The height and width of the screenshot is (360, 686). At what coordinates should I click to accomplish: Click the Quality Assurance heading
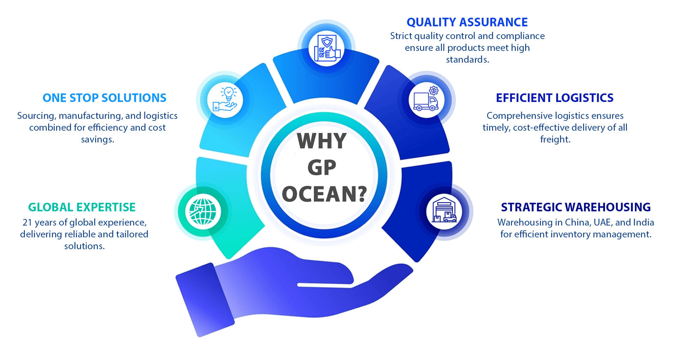click(x=467, y=22)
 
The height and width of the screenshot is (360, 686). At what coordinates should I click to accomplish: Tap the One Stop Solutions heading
click(x=105, y=98)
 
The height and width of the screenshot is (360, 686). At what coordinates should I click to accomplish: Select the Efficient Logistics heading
click(x=555, y=98)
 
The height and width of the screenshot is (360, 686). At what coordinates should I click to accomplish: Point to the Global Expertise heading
click(x=82, y=207)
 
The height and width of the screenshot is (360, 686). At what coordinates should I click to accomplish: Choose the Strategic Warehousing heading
click(x=576, y=207)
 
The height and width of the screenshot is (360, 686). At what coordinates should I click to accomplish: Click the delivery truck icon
click(x=426, y=99)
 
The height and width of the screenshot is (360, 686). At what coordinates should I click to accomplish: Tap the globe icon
click(x=203, y=212)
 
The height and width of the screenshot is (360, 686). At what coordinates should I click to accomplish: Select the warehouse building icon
click(x=444, y=210)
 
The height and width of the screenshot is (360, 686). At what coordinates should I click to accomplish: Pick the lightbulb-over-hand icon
click(x=225, y=99)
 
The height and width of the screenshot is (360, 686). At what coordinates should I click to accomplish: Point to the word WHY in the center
click(x=322, y=141)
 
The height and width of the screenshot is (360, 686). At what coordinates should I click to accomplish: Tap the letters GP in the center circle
click(x=322, y=168)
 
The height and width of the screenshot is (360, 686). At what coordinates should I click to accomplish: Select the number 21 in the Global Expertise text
click(x=27, y=222)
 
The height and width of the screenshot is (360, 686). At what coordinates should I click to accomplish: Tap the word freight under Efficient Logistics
click(x=555, y=140)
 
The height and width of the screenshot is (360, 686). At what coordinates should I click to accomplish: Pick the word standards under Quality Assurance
click(x=467, y=60)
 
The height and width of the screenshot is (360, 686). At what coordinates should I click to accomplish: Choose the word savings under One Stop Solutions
click(x=97, y=140)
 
